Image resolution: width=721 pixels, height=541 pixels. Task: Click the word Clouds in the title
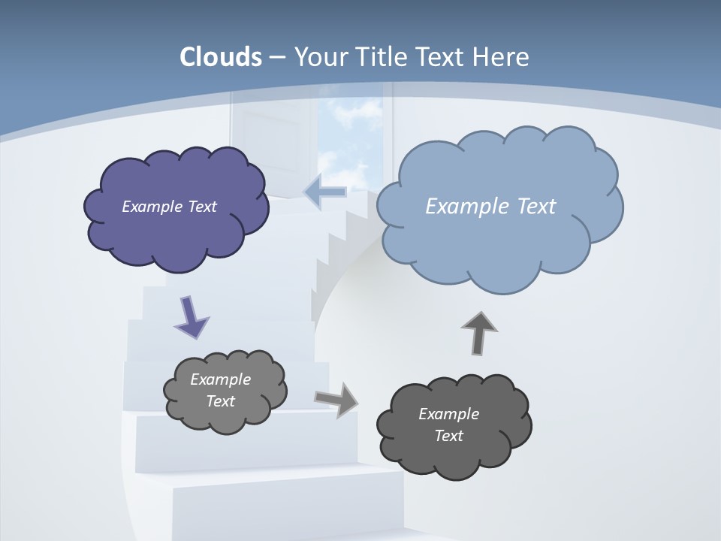(220, 57)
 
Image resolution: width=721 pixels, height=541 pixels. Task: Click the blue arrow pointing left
(325, 192)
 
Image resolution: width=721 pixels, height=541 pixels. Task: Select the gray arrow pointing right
(336, 399)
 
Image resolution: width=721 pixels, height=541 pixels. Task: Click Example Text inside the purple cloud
(169, 207)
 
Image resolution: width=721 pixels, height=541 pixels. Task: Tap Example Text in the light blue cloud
(490, 207)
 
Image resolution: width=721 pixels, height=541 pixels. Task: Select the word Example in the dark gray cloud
(448, 414)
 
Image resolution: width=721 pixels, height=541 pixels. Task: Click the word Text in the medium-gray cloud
(220, 401)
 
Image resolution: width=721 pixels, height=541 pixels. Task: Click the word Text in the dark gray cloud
(448, 436)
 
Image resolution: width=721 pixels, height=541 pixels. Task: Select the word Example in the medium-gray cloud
(220, 379)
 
